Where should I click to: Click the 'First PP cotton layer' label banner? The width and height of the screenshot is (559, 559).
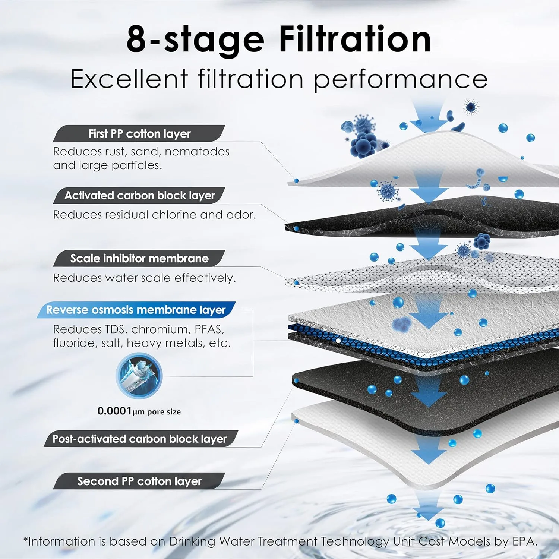pos(139,133)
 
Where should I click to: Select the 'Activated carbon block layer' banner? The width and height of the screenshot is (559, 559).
pos(139,195)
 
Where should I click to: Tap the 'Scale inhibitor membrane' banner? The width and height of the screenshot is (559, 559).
pos(139,258)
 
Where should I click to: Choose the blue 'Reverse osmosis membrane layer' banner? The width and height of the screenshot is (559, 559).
pos(136,310)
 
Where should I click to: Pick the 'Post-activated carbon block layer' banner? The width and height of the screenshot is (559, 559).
pos(140,439)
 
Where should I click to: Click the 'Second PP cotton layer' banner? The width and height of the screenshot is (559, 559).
pos(139,481)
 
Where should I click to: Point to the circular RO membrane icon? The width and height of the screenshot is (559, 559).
pos(139,376)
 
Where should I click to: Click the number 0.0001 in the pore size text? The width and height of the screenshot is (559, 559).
pos(114,411)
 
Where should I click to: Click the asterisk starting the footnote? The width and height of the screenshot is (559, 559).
pos(26,539)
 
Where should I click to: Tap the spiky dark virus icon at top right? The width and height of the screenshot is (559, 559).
pos(471,107)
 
